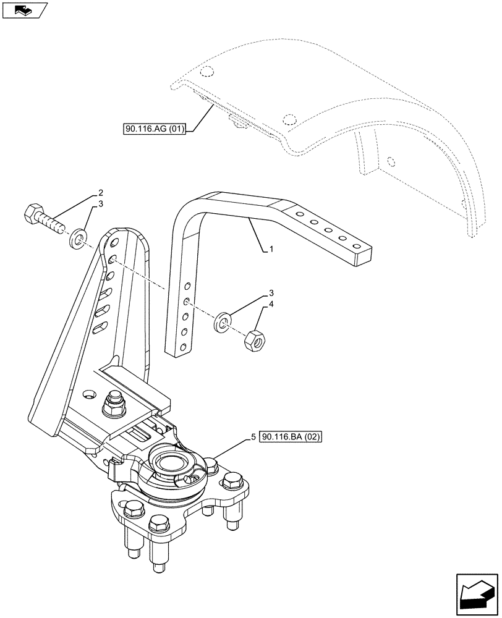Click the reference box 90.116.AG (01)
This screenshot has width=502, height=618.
pos(155,129)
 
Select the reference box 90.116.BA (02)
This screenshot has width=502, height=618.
pos(292,437)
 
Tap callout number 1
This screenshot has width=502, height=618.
pos(270,249)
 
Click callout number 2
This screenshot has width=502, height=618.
pos(100,193)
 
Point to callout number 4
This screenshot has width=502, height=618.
pos(270,306)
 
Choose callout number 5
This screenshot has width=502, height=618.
pos(253,437)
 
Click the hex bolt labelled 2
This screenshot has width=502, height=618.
pos(43,221)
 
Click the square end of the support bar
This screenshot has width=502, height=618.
pos(362,256)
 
